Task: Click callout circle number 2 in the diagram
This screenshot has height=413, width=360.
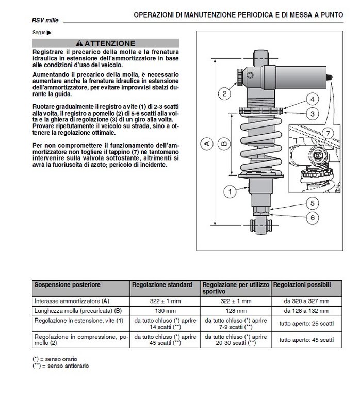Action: click(x=224, y=94)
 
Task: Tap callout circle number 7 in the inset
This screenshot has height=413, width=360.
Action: click(x=328, y=134)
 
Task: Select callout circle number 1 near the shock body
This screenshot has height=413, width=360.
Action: click(x=230, y=192)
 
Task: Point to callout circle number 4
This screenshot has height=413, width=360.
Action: click(x=313, y=99)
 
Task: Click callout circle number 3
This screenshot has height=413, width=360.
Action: click(x=313, y=114)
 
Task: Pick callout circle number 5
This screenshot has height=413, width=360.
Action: click(x=313, y=203)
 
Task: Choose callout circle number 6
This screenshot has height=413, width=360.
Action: click(x=313, y=218)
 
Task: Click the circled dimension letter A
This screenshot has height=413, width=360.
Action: click(x=207, y=144)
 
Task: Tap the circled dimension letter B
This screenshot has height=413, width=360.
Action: click(x=224, y=144)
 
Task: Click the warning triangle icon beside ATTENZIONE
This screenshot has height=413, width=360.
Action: click(x=79, y=43)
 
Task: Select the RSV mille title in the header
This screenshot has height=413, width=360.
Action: click(x=45, y=20)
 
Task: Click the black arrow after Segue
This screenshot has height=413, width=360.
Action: click(x=49, y=33)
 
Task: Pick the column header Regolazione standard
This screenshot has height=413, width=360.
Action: click(x=162, y=285)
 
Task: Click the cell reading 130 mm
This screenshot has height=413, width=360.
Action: click(x=165, y=311)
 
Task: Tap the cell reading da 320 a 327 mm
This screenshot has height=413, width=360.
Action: click(x=306, y=301)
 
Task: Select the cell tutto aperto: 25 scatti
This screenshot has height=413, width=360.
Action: click(x=306, y=324)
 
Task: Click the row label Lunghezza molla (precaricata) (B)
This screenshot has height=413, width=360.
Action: click(x=78, y=311)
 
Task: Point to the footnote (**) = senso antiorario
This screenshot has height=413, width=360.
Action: click(x=61, y=366)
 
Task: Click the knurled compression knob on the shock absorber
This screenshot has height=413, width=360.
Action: click(x=240, y=77)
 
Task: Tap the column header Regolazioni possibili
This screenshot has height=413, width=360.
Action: click(x=302, y=285)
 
